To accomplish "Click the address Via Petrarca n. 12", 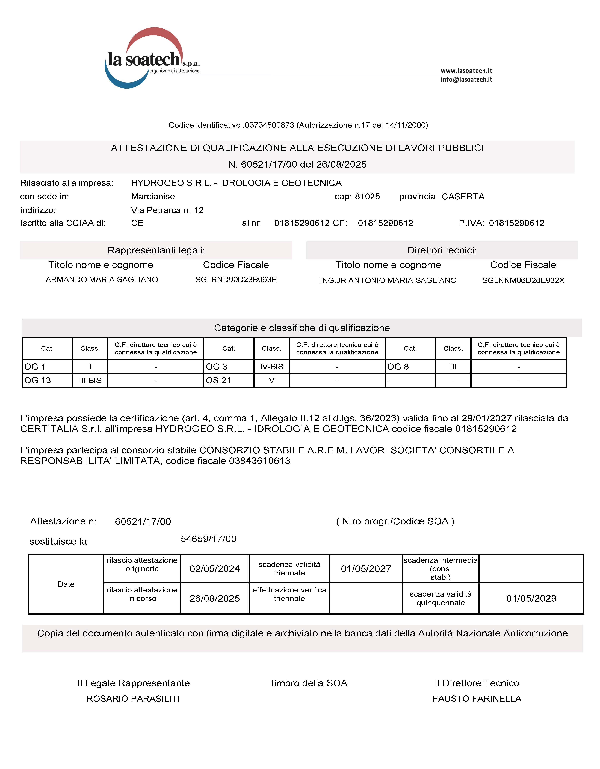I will click(167, 210).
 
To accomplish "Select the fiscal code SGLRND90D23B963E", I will click(236, 280).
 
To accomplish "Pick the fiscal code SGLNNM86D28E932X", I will click(523, 281).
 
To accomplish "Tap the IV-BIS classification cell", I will click(271, 367).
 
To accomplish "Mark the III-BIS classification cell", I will click(90, 380).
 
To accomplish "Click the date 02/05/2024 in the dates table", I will click(214, 569).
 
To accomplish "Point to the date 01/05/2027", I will click(366, 569).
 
